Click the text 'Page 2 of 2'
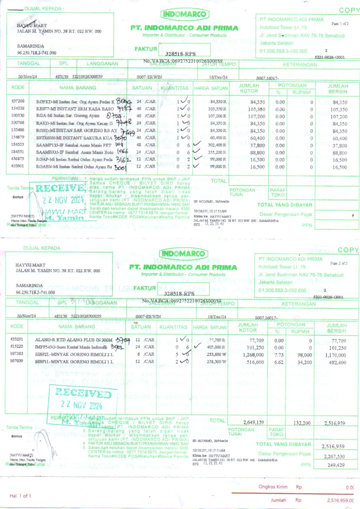point(340,263)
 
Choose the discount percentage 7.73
point(279,354)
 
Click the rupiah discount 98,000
point(305,354)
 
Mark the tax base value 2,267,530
point(335,456)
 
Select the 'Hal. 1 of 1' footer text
point(20,496)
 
